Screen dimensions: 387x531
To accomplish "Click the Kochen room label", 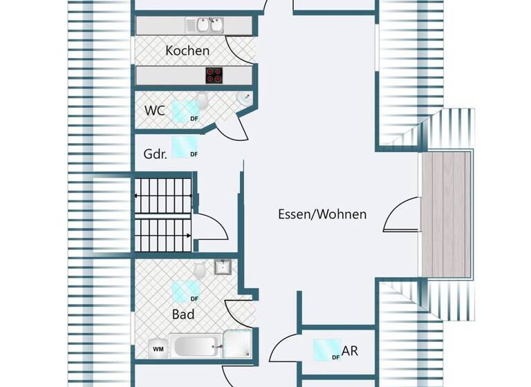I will (187, 50).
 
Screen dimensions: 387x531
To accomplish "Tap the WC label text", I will (154, 111).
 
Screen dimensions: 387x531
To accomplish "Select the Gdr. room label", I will (155, 154).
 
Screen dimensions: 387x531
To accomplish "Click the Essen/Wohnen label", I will (322, 214).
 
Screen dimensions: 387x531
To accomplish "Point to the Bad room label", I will (183, 314).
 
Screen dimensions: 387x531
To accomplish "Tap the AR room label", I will (350, 351).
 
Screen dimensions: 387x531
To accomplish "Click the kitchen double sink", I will (208, 25).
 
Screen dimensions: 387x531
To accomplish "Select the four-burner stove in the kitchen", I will (214, 75).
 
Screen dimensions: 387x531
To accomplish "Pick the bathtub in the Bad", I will (196, 346).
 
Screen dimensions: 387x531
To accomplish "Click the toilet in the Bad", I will (199, 270).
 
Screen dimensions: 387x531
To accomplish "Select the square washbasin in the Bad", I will (222, 267).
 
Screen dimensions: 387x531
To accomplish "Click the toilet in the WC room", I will (203, 102).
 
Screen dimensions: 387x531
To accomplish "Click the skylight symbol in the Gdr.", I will (184, 146).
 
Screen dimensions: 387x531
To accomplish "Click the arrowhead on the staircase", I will (189, 236).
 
